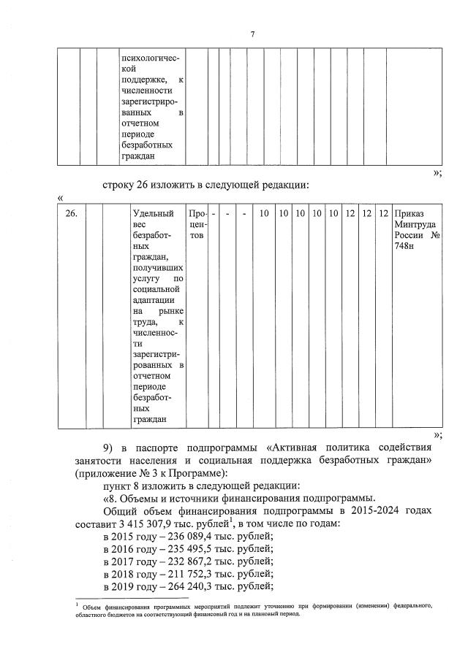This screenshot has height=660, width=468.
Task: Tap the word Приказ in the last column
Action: click(x=408, y=214)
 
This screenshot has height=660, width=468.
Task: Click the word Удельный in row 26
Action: click(x=153, y=214)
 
